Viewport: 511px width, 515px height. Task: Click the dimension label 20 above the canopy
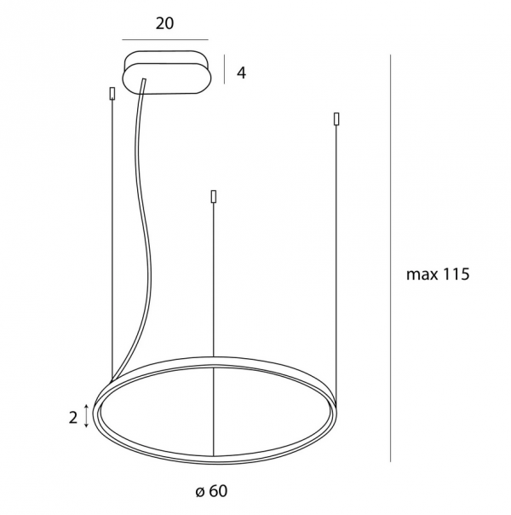pyautogui.click(x=164, y=23)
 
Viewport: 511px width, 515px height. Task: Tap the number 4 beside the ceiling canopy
pyautogui.click(x=241, y=72)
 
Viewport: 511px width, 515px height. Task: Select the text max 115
pyautogui.click(x=438, y=274)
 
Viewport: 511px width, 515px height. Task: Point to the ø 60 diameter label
pyautogui.click(x=211, y=491)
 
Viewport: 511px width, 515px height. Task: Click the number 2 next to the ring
pyautogui.click(x=73, y=418)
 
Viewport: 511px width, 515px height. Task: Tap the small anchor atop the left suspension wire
pyautogui.click(x=112, y=93)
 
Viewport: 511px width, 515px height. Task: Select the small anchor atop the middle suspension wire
pyautogui.click(x=214, y=196)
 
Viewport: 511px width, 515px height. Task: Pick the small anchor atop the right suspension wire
pyautogui.click(x=336, y=119)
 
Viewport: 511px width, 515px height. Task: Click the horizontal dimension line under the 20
pyautogui.click(x=165, y=40)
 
